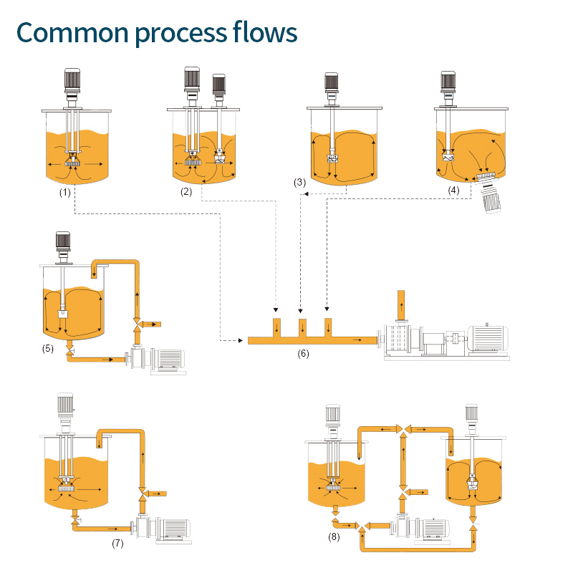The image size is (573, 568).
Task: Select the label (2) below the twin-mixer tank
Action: pos(188,192)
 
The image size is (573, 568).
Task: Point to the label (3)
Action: pos(300,183)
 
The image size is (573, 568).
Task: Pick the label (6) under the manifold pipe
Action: pos(303,353)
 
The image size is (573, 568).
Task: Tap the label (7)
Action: pos(117,542)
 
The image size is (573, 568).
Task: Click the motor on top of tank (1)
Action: pos(72,82)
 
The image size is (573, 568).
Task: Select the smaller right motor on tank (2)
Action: pos(219,86)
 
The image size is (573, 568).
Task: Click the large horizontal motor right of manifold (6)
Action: pos(486,338)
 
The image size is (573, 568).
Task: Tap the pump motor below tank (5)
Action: pos(167,358)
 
